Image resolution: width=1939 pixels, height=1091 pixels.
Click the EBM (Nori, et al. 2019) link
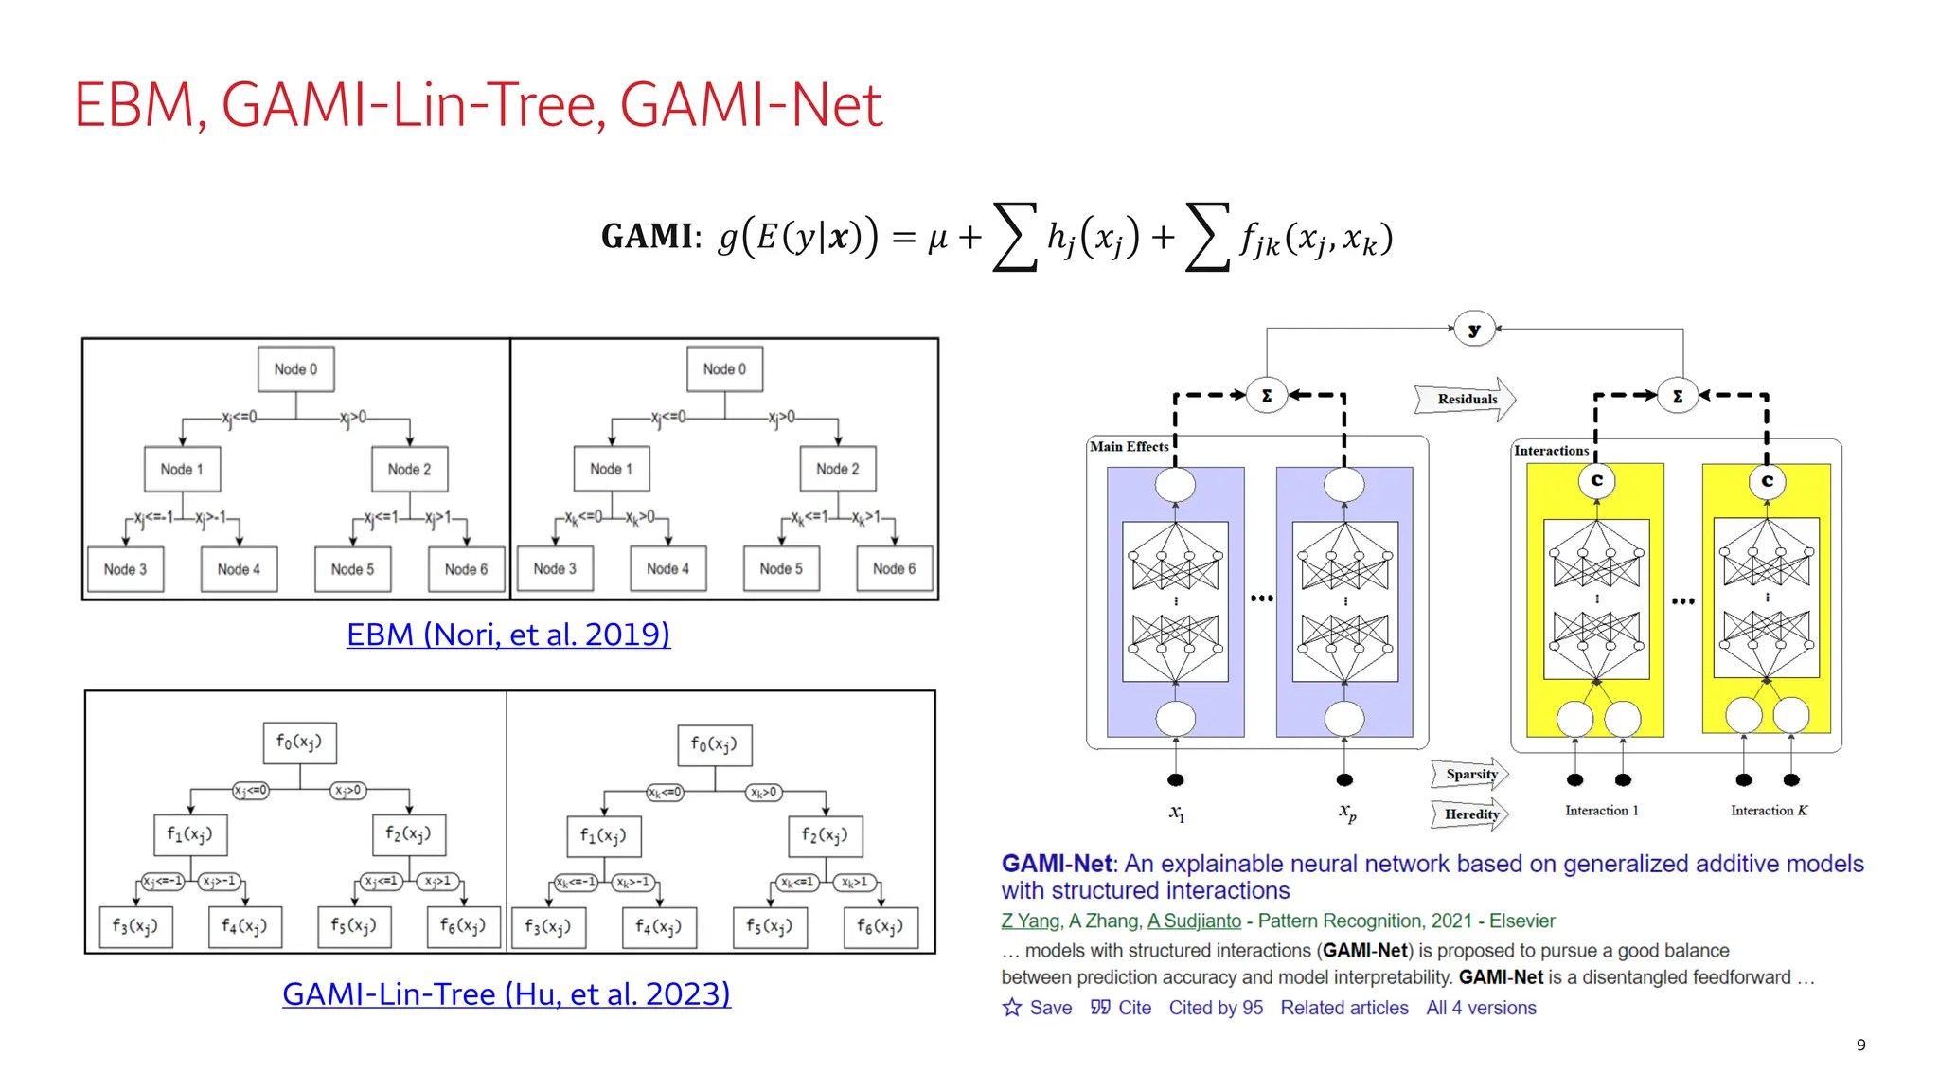pos(508,635)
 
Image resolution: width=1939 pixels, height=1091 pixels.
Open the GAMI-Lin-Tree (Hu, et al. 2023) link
pos(507,993)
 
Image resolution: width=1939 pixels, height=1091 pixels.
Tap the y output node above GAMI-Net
pos(1474,330)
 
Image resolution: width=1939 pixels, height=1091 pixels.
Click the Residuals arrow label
pos(1467,399)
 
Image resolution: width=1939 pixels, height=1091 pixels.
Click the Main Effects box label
pos(1129,446)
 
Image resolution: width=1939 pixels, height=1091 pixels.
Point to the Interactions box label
pos(1551,450)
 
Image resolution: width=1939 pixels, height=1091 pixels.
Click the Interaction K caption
pos(1769,811)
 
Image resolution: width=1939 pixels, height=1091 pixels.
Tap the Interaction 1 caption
pos(1601,811)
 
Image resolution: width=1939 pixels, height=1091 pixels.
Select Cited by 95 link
pos(1216,1008)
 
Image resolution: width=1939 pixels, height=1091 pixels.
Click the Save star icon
pos(1012,1008)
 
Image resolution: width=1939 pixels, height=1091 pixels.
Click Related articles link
pos(1343,1008)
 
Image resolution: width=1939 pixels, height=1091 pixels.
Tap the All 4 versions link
pos(1481,1008)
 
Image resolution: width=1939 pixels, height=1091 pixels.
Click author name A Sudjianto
pos(1194,921)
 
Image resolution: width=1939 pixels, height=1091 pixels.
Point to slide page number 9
pos(1860,1045)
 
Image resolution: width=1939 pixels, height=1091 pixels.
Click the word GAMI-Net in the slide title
pos(751,104)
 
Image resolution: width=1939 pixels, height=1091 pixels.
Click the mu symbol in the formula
pos(937,238)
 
